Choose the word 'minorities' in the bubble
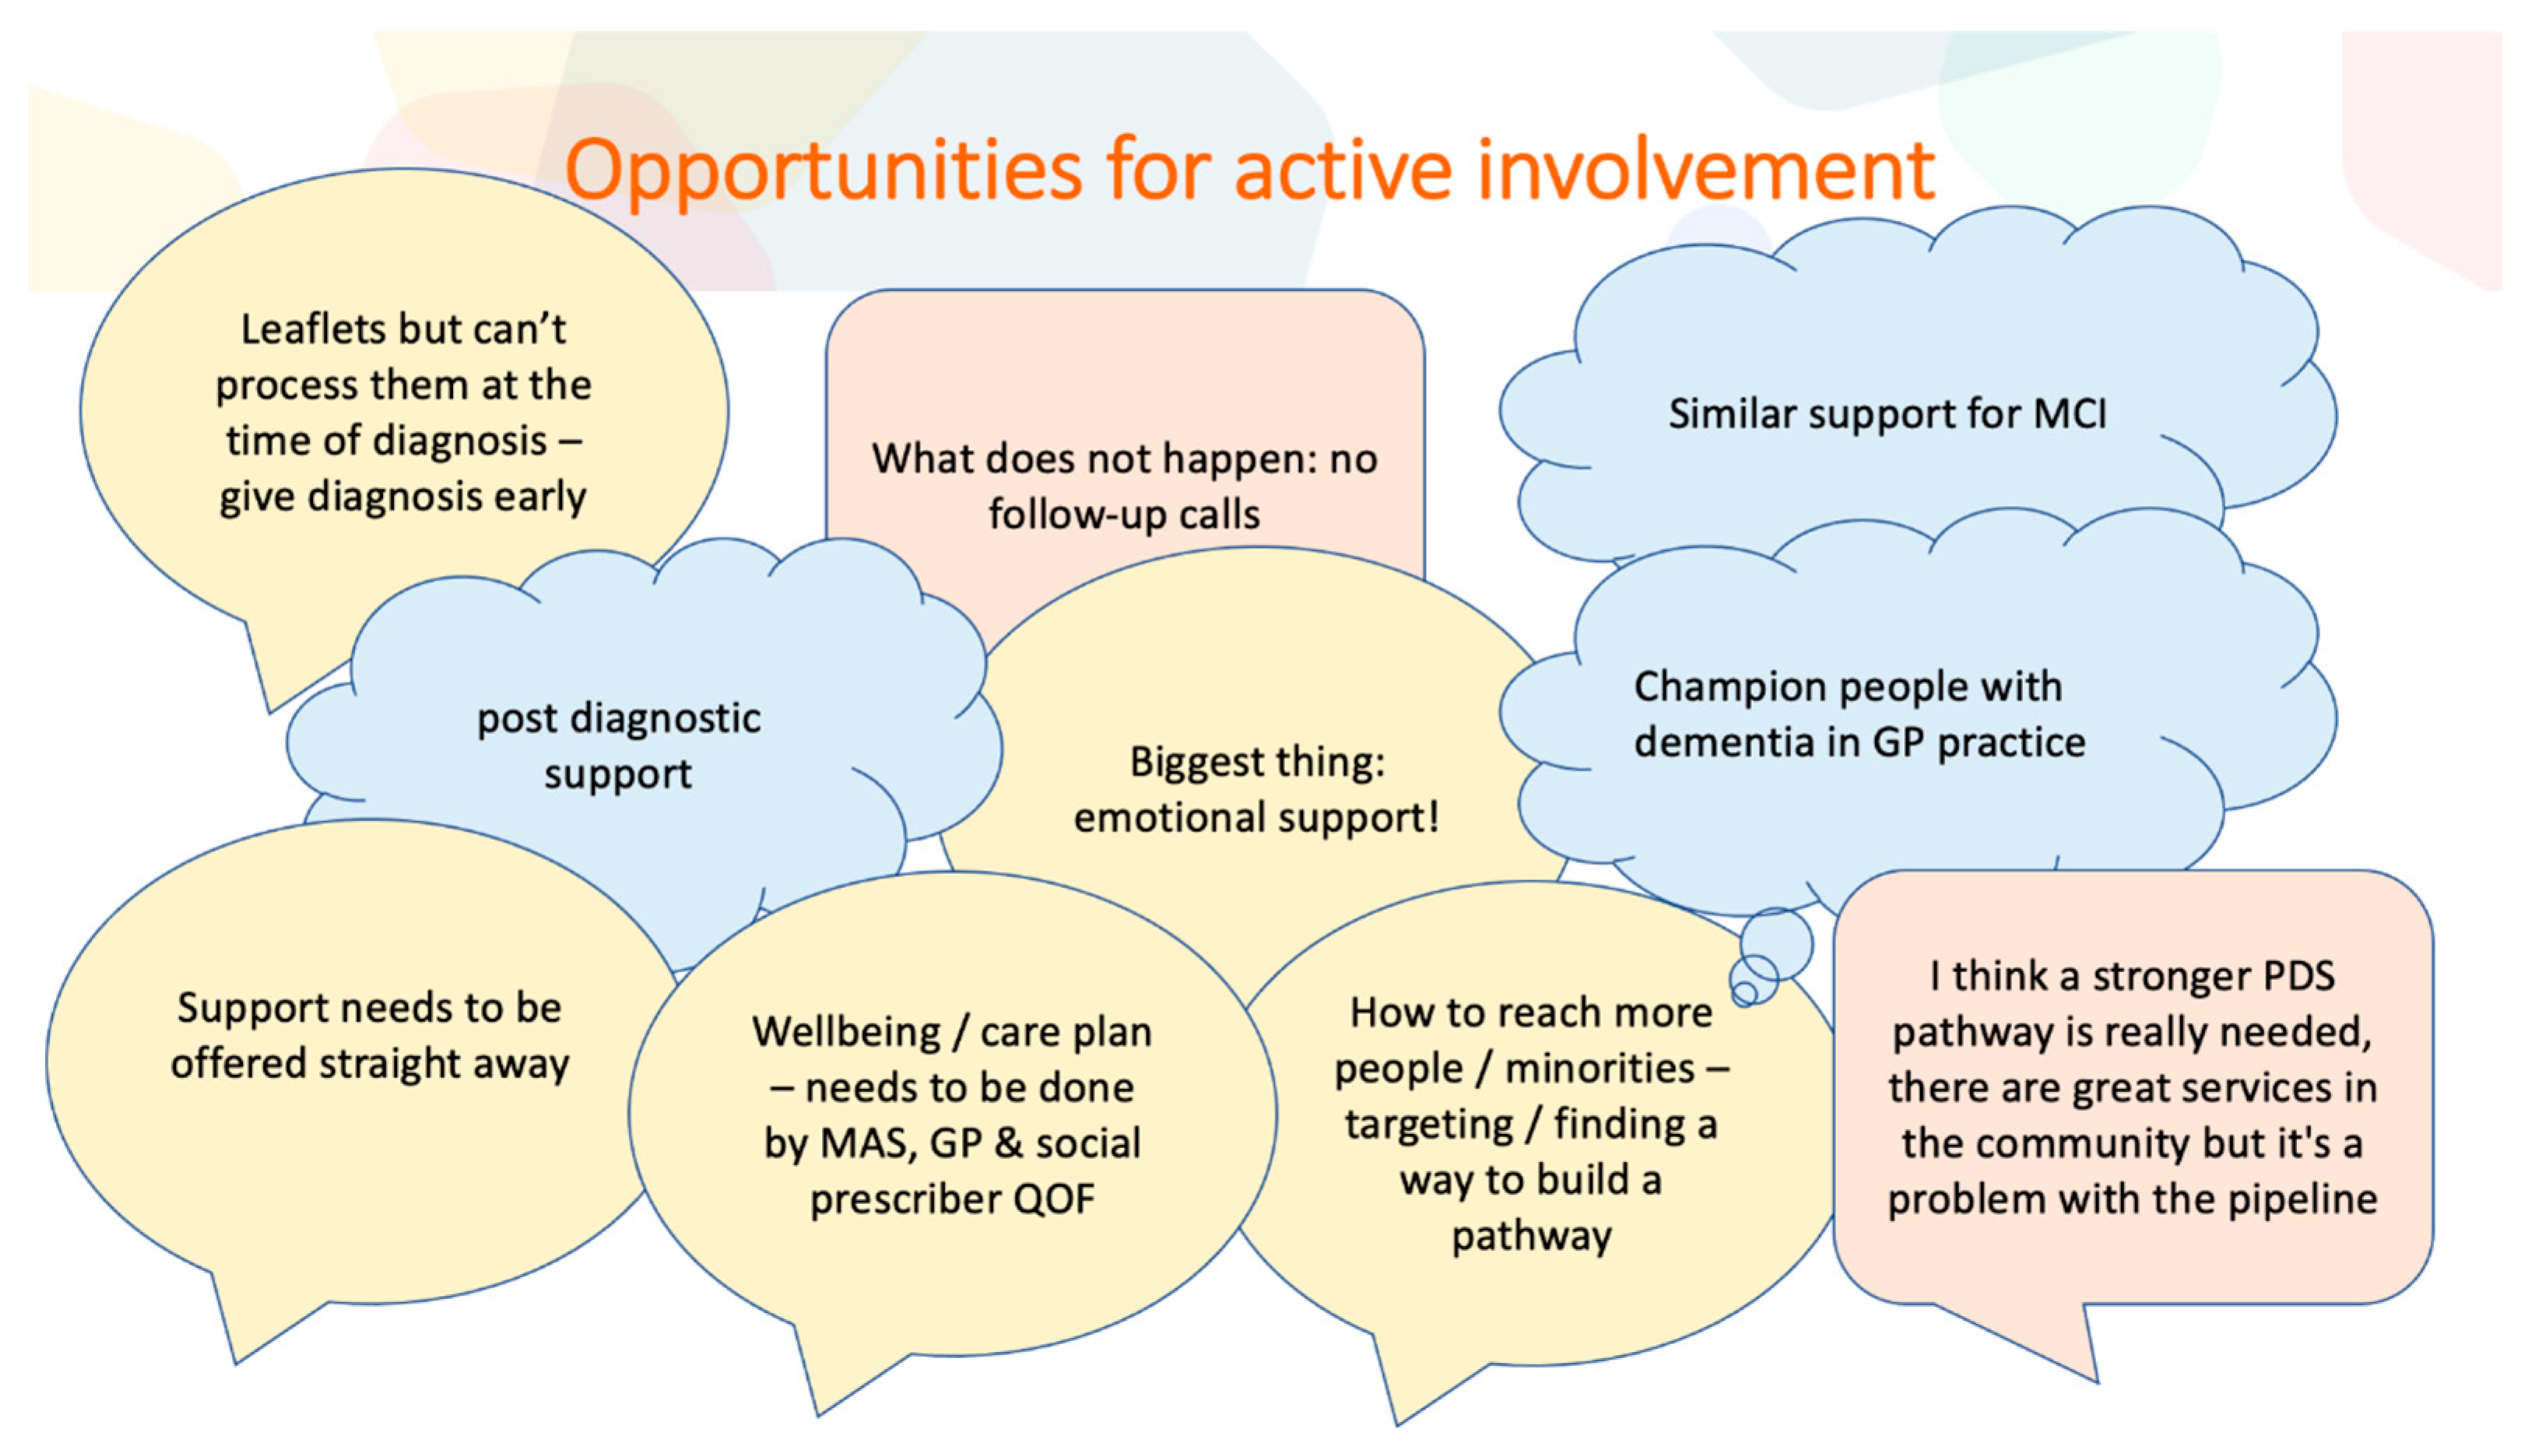[x=1600, y=1069]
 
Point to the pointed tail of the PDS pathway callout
[x=2096, y=1381]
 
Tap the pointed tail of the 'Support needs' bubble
[x=236, y=1364]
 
